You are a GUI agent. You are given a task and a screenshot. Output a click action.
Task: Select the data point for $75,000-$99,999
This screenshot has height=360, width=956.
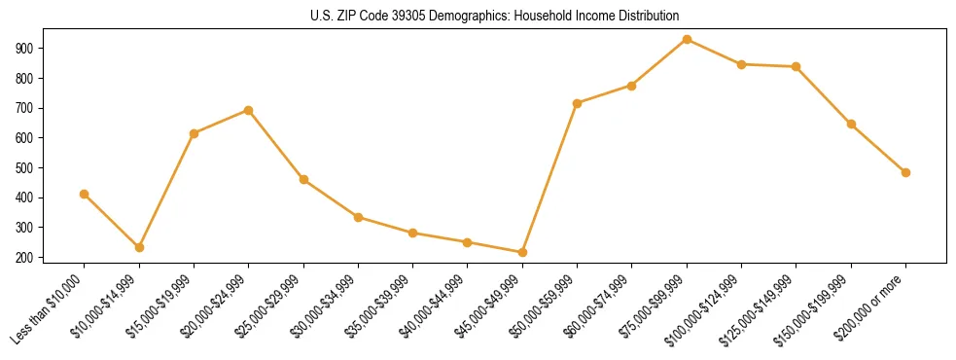click(687, 40)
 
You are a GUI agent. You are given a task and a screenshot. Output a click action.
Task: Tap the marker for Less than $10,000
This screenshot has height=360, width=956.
click(85, 195)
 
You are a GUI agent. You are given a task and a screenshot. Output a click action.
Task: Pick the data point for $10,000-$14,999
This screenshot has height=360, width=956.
click(139, 248)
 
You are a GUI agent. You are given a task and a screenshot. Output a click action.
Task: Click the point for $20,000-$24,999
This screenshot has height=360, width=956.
click(249, 110)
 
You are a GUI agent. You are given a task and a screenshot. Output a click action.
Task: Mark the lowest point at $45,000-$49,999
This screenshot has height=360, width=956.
click(522, 253)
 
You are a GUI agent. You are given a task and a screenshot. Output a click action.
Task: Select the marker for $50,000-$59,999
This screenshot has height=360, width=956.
click(578, 103)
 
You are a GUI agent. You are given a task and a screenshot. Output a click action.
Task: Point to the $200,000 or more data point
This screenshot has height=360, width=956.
click(905, 172)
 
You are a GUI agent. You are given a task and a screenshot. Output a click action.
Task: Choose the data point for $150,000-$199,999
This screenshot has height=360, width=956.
click(851, 125)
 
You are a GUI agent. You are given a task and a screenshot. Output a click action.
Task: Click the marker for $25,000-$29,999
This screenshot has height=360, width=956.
click(303, 180)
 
